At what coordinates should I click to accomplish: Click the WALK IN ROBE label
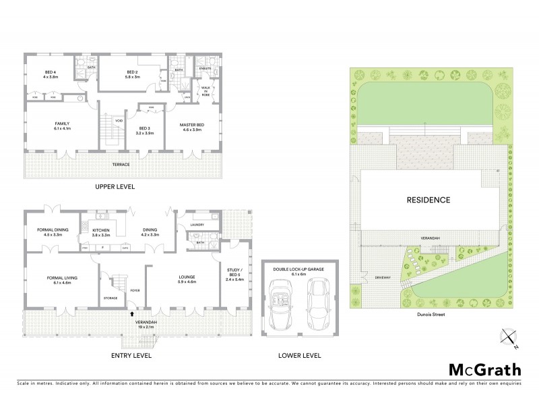(206, 90)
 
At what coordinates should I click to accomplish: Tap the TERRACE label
(121, 165)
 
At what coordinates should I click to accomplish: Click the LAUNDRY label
(197, 225)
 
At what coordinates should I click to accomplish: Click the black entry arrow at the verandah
(132, 313)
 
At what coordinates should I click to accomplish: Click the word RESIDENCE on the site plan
(427, 200)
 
